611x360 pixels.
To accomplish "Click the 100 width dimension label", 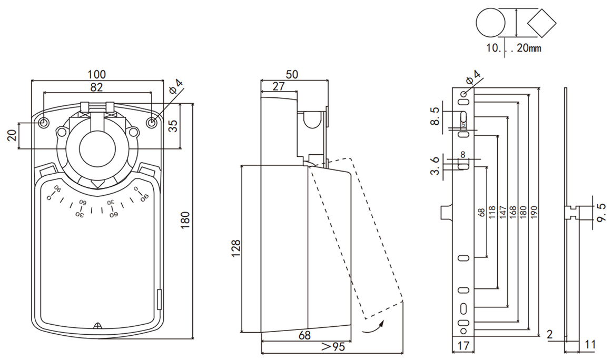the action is click(96, 74).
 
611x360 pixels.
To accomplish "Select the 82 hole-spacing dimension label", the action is click(96, 87).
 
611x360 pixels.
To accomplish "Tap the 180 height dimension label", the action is click(185, 220).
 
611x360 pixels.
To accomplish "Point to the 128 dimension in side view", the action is click(236, 248).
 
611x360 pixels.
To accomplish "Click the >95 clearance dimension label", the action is click(333, 346).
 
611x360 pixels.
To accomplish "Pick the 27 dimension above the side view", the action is click(278, 86).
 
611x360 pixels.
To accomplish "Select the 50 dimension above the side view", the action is click(292, 74).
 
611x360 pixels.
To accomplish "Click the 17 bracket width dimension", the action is click(464, 345).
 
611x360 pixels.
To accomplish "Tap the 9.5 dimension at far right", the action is click(602, 212).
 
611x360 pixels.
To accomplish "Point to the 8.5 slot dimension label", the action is click(435, 116).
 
